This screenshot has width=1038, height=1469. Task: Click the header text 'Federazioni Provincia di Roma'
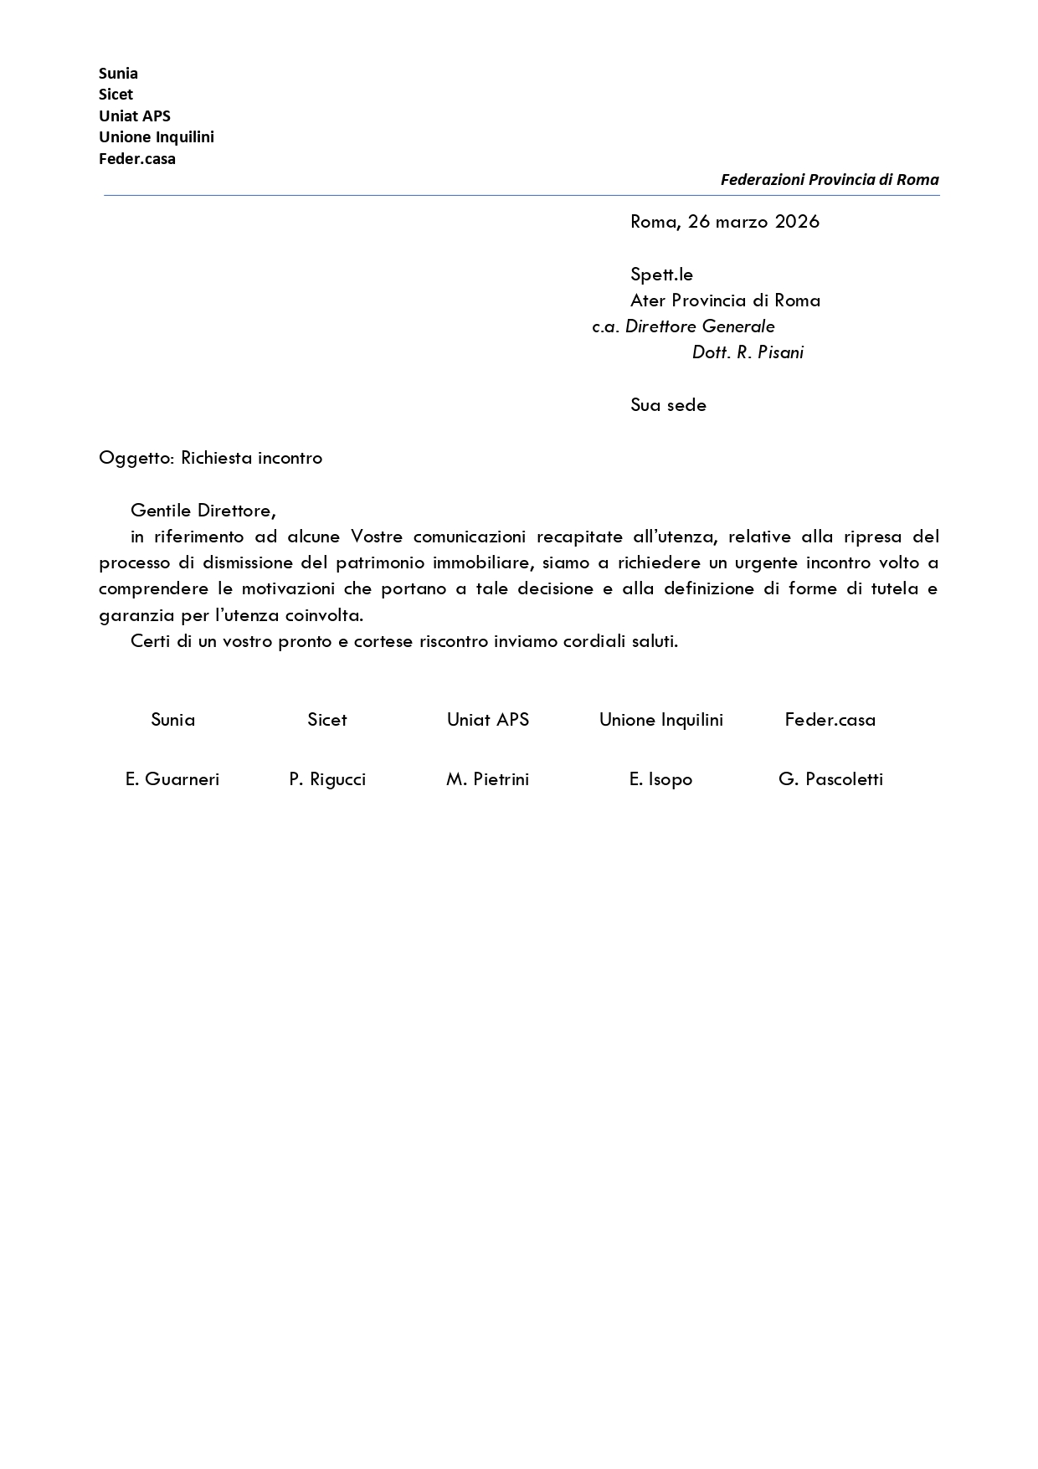[829, 180]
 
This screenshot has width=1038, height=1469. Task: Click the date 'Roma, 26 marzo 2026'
[724, 222]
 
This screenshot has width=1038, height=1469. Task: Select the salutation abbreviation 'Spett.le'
[661, 275]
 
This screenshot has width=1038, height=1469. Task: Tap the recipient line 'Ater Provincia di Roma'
[725, 300]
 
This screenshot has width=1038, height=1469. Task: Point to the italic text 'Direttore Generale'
[700, 326]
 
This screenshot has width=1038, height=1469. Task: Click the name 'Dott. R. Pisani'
[748, 352]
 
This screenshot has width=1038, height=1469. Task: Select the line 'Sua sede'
[668, 405]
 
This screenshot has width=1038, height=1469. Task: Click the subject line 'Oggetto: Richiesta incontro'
[210, 458]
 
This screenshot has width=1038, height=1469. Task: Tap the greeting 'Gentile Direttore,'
[203, 511]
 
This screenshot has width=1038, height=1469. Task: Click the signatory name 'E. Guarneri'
[172, 779]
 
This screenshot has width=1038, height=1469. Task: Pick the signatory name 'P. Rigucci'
[327, 779]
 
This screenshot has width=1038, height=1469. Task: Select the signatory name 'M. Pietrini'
[487, 779]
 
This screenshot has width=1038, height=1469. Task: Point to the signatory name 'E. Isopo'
[660, 779]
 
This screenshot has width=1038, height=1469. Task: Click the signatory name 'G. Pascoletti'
[830, 779]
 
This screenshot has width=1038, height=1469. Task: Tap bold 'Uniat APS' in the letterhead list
[135, 116]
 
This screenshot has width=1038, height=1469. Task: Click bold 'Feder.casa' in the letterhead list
[137, 159]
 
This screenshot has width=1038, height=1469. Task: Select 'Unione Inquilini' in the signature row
[660, 720]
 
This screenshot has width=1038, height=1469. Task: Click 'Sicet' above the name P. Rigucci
[326, 720]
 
